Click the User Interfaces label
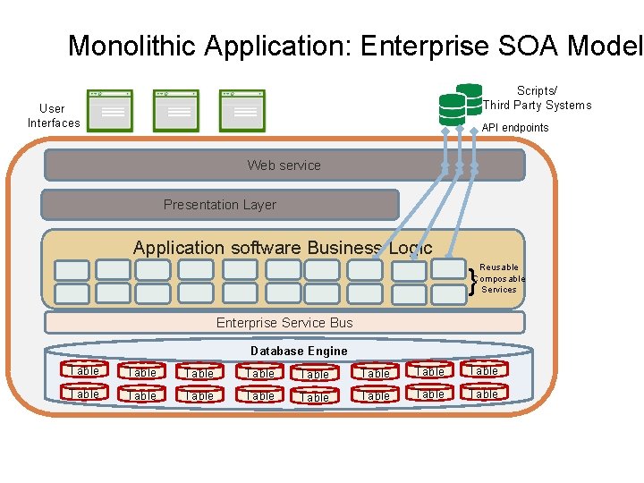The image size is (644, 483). pos(54,115)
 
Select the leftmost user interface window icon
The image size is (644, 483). pos(111,109)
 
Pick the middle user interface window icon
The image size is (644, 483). pos(176,109)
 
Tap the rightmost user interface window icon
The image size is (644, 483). pos(242,109)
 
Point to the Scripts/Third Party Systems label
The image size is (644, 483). pos(537,97)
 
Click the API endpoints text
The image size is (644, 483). pos(515,128)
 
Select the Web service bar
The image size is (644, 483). pos(284,165)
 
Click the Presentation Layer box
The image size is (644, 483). pos(220,205)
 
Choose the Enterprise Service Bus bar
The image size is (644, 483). pos(284,323)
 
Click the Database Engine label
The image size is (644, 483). pos(299,351)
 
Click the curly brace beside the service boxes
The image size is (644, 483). pos(472,280)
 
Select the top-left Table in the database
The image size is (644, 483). pos(84,370)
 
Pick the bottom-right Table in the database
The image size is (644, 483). pos(484,394)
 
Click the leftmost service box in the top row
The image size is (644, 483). pos(72,269)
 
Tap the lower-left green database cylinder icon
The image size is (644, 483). pos(452,109)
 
